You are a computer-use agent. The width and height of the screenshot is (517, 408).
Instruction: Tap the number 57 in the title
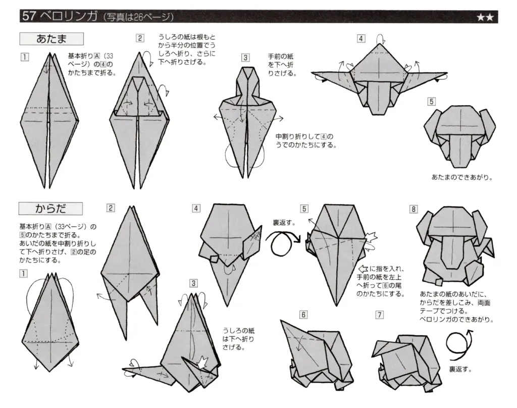click(x=29, y=16)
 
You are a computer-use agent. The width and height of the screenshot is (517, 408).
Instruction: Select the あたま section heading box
click(x=51, y=39)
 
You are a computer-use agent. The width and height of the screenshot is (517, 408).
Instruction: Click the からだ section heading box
click(x=50, y=208)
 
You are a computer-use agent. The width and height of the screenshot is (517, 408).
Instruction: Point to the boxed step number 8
click(x=414, y=209)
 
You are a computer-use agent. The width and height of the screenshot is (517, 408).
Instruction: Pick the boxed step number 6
click(x=303, y=315)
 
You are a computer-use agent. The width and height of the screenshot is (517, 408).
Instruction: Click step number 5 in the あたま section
click(x=431, y=101)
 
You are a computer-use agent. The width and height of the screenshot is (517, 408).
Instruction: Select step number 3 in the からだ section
click(x=194, y=283)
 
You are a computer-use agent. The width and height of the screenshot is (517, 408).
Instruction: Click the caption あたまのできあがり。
click(x=462, y=177)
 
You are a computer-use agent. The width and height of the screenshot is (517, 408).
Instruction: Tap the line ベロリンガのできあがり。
click(x=456, y=320)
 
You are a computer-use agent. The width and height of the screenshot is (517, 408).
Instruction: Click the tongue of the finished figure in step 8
click(x=454, y=252)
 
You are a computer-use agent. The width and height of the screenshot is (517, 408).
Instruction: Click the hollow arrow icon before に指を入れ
click(x=363, y=269)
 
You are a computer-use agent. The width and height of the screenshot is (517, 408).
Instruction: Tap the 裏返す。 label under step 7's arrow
click(x=460, y=369)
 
